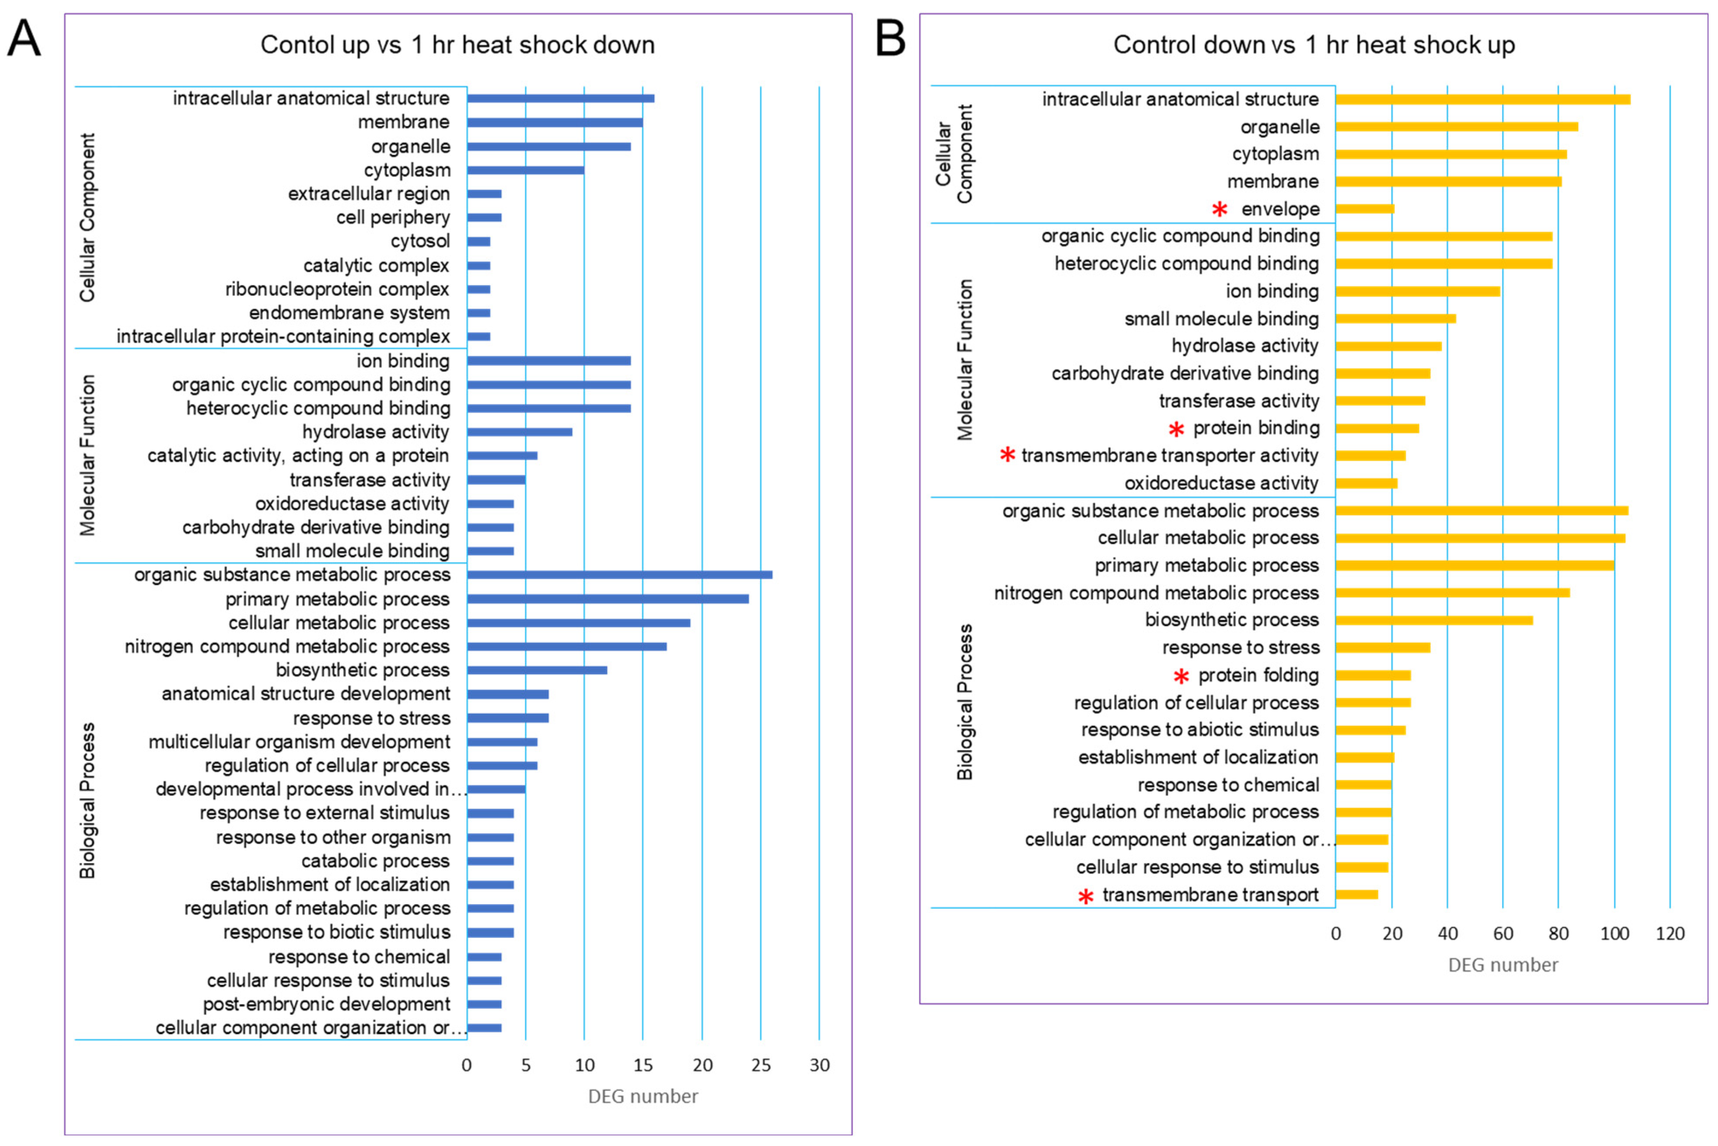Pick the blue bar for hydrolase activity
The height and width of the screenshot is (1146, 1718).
[x=520, y=432]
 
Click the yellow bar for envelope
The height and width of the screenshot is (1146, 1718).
[x=1364, y=209]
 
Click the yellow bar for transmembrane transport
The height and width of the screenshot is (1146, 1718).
[x=1356, y=895]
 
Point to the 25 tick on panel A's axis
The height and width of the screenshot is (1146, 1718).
[x=761, y=1065]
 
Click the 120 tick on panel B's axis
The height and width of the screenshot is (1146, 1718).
[x=1670, y=933]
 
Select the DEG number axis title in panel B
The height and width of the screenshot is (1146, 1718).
[x=1503, y=965]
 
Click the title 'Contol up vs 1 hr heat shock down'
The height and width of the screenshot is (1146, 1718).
[x=458, y=45]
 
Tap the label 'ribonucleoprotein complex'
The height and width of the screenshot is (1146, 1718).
[x=337, y=289]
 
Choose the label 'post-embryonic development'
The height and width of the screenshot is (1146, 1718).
[x=326, y=1004]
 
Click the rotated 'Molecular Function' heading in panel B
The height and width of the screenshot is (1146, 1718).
[x=965, y=360]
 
